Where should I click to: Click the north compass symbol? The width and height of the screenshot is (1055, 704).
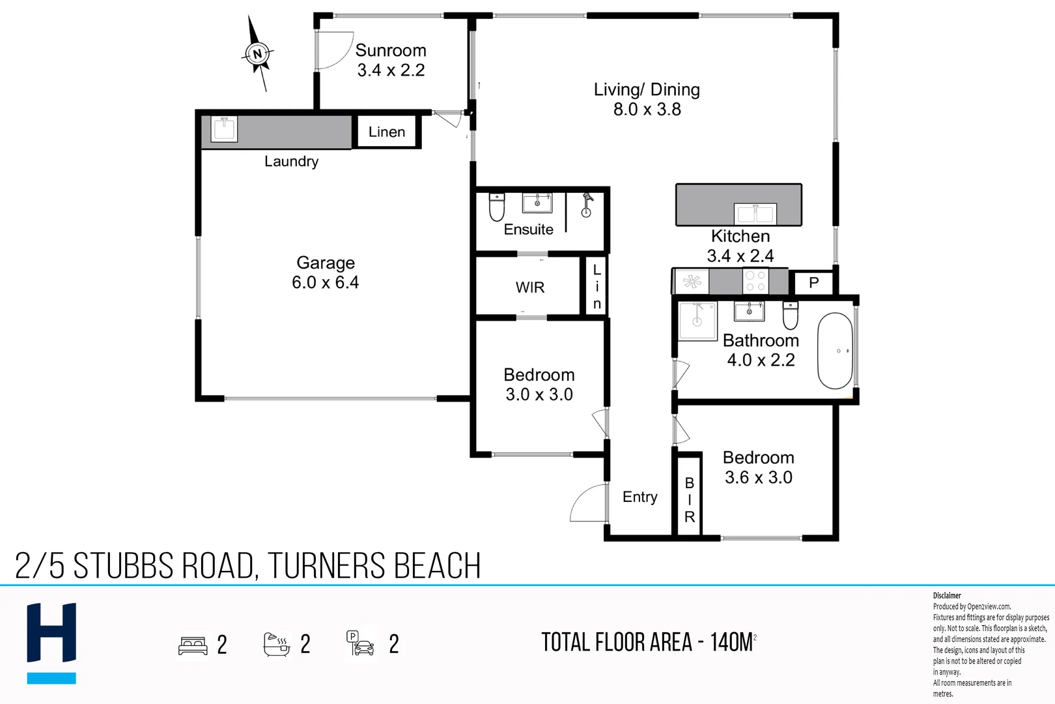coord(257,54)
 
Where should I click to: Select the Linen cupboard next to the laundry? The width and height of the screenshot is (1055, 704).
coord(387,132)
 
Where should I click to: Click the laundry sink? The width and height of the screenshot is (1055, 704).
coord(224,128)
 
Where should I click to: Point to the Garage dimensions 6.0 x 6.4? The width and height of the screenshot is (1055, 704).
coord(325,282)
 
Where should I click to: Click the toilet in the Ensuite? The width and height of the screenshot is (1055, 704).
coord(497,207)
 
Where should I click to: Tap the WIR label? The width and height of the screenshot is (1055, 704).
coord(529,287)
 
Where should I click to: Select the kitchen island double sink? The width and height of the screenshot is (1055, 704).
coord(755,213)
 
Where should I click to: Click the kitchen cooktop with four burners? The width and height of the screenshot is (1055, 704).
coord(755,282)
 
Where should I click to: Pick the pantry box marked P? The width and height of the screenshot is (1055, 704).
coord(813,283)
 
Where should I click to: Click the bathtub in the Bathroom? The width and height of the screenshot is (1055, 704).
coord(835,351)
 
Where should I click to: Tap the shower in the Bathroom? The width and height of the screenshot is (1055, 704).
coord(697,320)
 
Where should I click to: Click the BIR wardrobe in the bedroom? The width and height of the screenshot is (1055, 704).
coord(689,499)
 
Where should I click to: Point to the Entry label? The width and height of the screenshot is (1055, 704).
coord(640,497)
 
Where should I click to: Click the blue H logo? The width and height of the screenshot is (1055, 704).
coord(51,642)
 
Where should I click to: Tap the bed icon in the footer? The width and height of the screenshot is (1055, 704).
coord(193,645)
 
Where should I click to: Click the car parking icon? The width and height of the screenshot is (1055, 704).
coord(360,644)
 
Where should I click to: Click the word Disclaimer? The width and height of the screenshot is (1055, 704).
coord(947,595)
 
